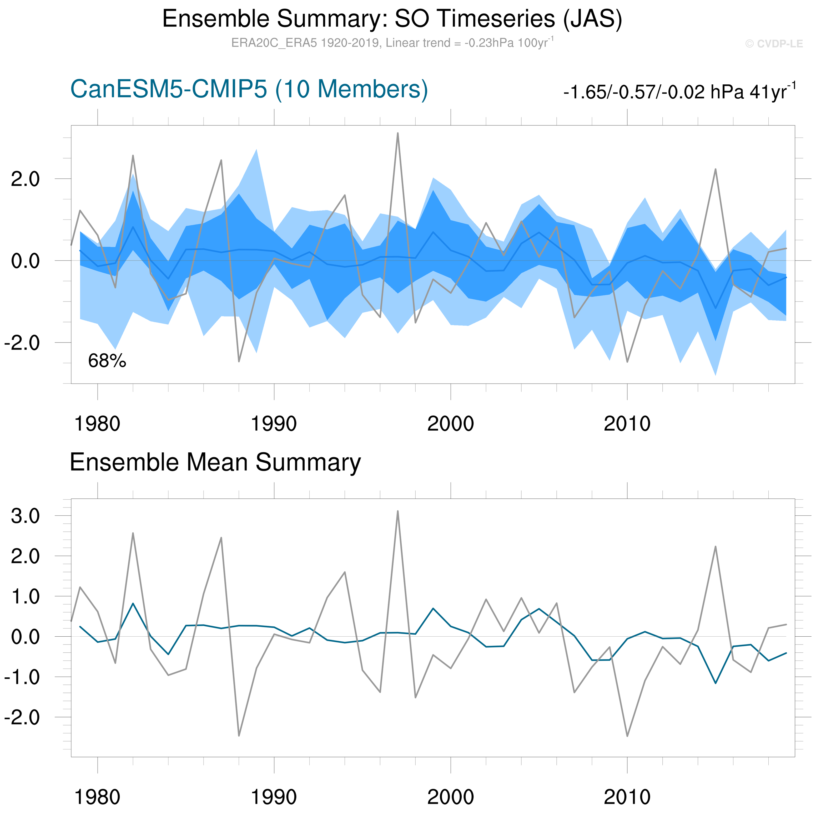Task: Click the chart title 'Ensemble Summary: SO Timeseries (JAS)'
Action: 392,19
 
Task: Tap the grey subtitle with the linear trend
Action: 392,43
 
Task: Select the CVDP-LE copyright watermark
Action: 774,44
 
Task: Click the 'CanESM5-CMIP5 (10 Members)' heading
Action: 249,89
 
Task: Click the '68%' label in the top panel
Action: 107,361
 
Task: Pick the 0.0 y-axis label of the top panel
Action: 25,261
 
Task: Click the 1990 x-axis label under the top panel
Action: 274,424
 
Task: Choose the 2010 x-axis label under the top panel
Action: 627,424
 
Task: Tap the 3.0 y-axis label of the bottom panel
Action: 25,516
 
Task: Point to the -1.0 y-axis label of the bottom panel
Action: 22,677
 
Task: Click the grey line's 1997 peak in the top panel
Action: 397,133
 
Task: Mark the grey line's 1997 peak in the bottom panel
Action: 397,511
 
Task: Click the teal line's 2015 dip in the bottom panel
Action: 716,683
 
